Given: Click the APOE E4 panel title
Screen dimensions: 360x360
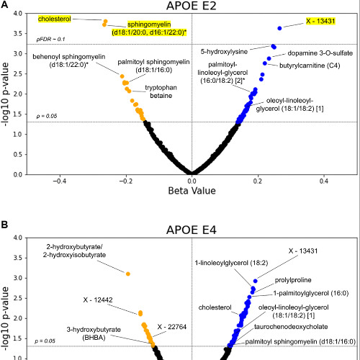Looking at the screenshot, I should click(x=192, y=229).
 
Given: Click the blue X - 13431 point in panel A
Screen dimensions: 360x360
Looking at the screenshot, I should click(x=279, y=28).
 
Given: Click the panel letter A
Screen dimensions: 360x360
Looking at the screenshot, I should click(x=5, y=6).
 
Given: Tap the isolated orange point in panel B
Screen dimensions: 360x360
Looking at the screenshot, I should click(x=128, y=274).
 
